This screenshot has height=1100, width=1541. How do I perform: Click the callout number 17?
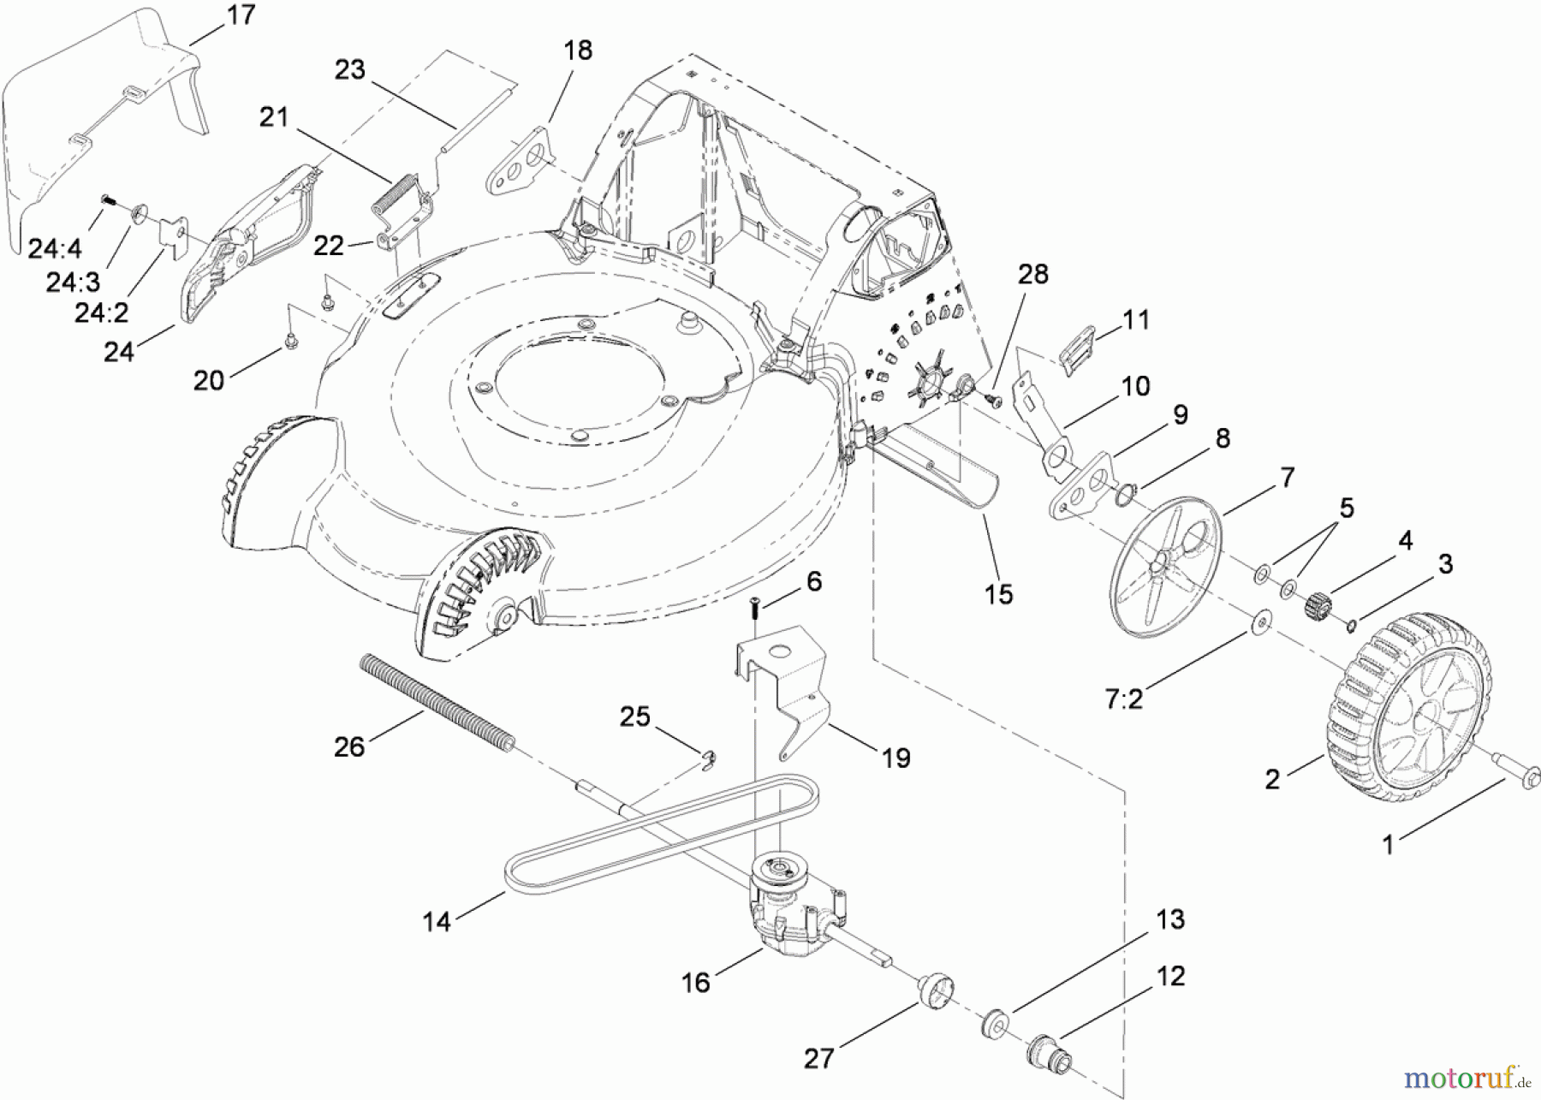[241, 15]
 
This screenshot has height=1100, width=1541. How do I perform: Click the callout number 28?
[1033, 274]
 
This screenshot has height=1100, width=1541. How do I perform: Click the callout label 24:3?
[74, 282]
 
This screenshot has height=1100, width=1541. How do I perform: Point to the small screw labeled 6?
[754, 609]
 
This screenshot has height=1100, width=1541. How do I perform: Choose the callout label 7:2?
[1123, 699]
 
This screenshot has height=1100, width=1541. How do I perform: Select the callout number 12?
[1170, 975]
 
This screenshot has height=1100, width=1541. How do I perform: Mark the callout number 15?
[998, 593]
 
